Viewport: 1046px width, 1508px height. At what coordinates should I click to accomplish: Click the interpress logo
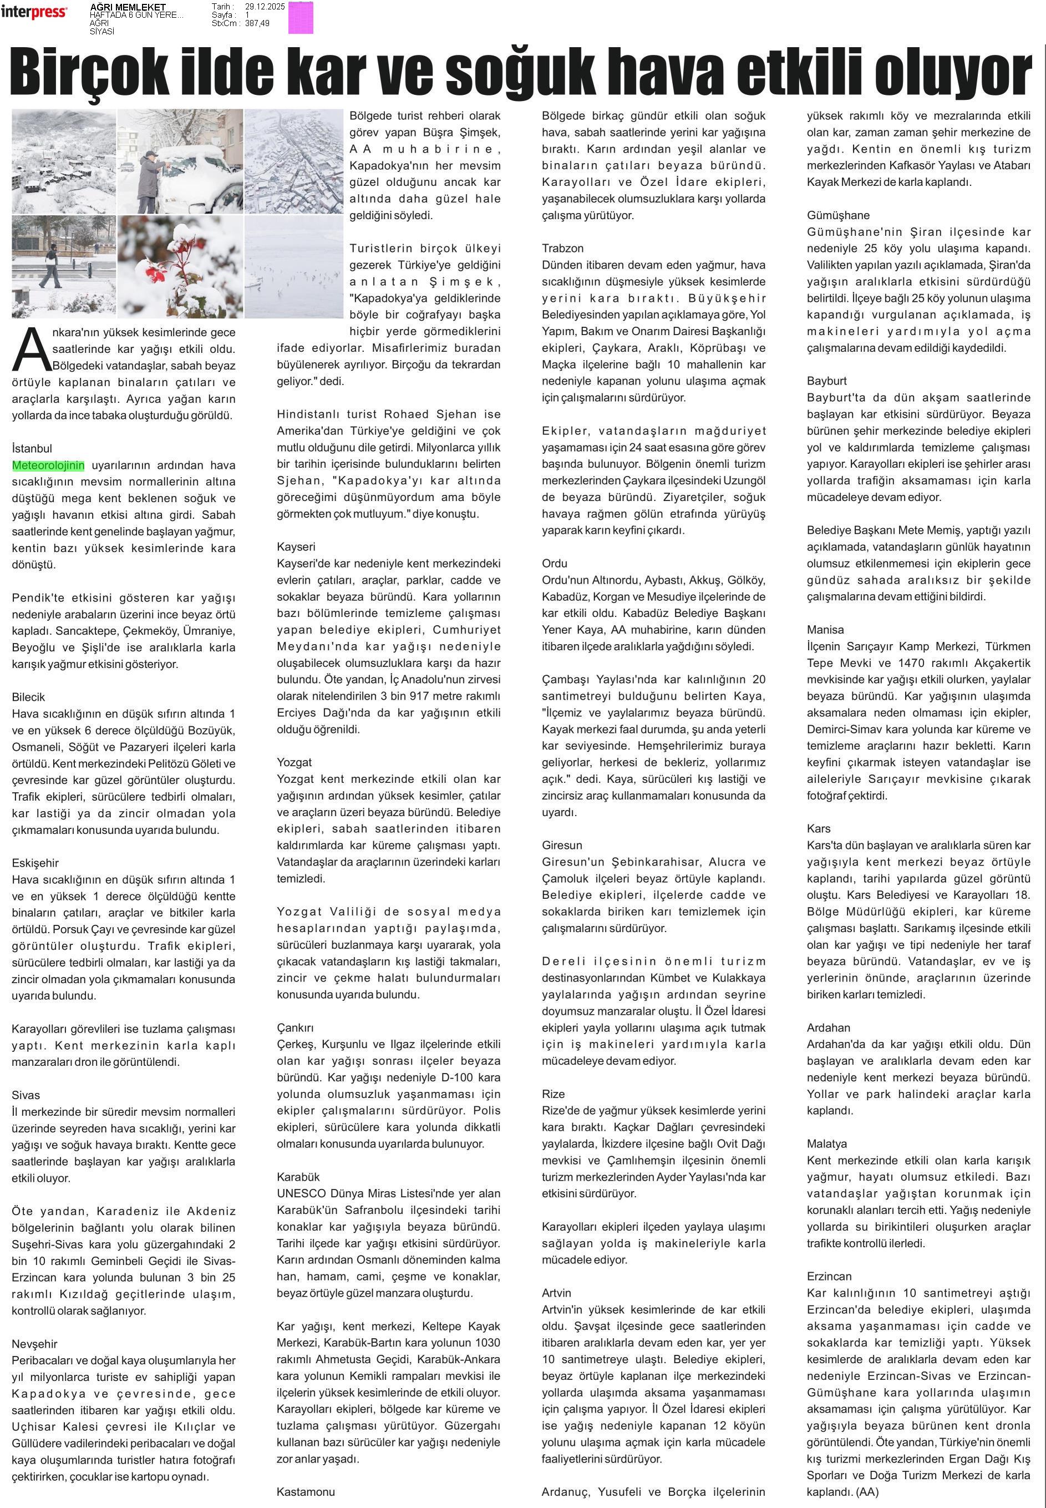coord(33,12)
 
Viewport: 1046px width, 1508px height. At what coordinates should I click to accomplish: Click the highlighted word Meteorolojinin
coord(48,465)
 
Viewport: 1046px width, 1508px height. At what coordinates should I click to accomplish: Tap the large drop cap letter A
coord(31,350)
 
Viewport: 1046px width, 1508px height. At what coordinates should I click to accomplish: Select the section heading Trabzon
coord(562,249)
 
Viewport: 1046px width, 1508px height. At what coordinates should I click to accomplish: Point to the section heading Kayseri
coord(296,547)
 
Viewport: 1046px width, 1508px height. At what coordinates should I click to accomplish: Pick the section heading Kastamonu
coord(306,1491)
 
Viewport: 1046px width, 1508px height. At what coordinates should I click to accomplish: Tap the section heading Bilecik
coord(28,697)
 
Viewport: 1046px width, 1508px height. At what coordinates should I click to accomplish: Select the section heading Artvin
coord(556,1293)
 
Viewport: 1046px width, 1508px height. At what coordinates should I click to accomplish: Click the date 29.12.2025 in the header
coord(266,7)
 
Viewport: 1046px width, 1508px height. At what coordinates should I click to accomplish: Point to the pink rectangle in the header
coord(301,18)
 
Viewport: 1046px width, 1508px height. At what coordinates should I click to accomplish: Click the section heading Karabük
coord(298,1177)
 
